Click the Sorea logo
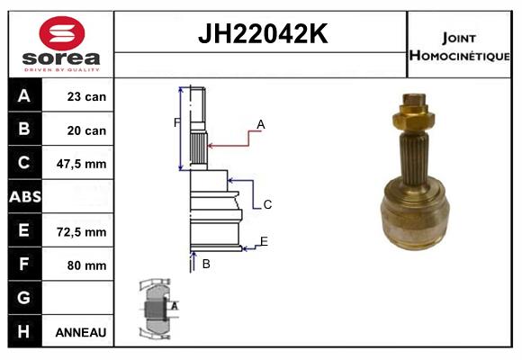point(61,45)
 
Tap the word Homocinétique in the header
point(461,55)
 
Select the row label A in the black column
point(23,96)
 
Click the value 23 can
point(86,96)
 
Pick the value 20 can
point(86,130)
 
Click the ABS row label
point(23,197)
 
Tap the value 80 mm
point(86,265)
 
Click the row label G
point(23,298)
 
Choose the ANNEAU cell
point(81,332)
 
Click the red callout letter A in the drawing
point(260,124)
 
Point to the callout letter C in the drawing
point(267,205)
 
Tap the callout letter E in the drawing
point(264,240)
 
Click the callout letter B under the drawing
point(206,264)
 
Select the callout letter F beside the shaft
point(176,122)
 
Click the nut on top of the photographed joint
point(413,114)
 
